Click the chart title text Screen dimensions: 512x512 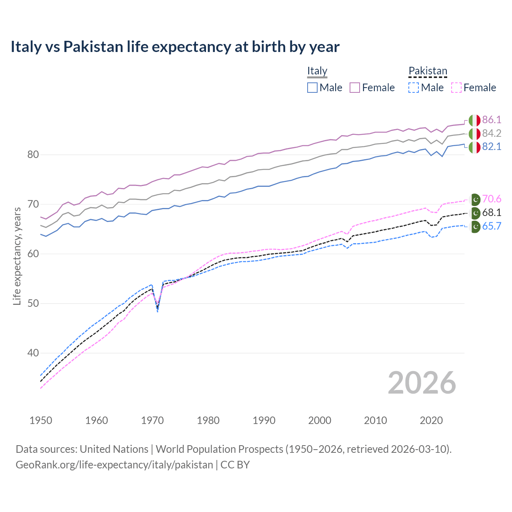[x=175, y=47]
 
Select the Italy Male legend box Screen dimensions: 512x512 [x=312, y=88]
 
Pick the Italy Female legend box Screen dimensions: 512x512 [x=355, y=88]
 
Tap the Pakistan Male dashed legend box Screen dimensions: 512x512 [x=414, y=88]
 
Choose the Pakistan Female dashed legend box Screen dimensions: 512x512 [x=456, y=88]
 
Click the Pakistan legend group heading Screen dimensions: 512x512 [x=428, y=71]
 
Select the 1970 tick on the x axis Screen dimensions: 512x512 [x=152, y=420]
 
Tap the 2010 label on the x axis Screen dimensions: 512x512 [x=375, y=420]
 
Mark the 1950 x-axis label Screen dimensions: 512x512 [x=41, y=420]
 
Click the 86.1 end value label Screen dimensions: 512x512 [x=492, y=120]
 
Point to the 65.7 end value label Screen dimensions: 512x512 [x=492, y=226]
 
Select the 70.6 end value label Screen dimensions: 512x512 [x=492, y=199]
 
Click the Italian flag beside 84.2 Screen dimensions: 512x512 [x=474, y=133]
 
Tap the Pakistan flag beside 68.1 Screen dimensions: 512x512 [x=475, y=212]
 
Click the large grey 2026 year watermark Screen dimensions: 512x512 [x=422, y=383]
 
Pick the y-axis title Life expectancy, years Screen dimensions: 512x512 [x=17, y=256]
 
